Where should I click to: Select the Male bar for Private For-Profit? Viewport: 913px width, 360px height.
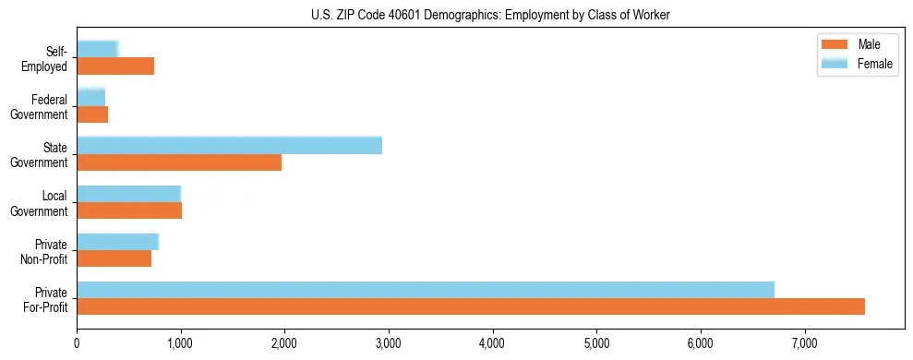tap(471, 306)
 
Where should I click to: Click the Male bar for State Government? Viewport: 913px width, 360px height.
tap(179, 162)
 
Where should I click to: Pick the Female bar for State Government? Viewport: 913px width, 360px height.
tap(229, 146)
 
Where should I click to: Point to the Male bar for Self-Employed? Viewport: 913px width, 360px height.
tap(115, 66)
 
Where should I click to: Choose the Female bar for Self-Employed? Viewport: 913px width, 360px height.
tap(97, 49)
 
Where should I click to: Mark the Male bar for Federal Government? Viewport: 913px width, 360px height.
tap(92, 114)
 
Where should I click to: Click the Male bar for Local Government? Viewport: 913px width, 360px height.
tap(129, 210)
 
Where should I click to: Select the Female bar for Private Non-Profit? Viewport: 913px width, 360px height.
tap(117, 242)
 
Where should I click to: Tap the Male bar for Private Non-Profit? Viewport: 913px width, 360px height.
tap(114, 258)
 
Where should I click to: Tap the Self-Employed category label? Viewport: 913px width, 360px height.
tap(50, 58)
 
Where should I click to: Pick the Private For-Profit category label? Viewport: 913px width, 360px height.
tap(47, 298)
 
